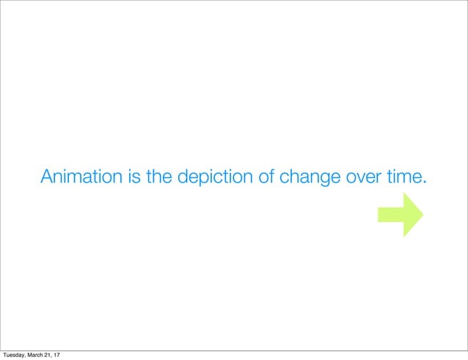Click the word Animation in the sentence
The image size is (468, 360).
click(81, 177)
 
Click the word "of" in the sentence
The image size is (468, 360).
click(262, 177)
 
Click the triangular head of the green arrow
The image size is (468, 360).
click(413, 213)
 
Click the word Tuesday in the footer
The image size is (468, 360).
click(15, 355)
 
